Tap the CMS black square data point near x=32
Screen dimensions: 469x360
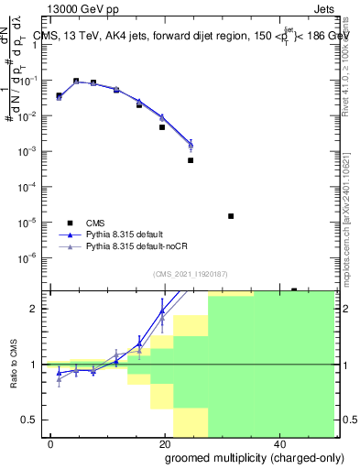[231, 216]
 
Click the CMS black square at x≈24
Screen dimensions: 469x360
[191, 160]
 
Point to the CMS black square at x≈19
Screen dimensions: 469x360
[162, 127]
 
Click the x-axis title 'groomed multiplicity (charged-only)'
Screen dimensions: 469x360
[243, 457]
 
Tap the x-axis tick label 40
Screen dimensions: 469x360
[282, 443]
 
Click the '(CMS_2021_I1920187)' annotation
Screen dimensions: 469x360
[191, 274]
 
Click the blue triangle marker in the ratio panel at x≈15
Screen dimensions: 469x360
[139, 344]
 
